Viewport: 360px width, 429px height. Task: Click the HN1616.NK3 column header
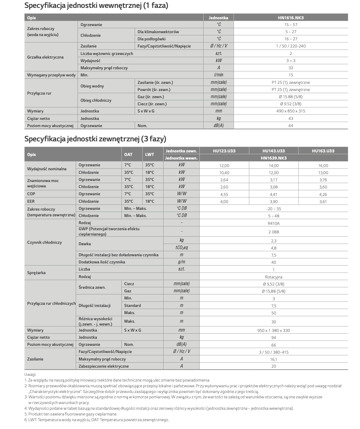click(x=291, y=17)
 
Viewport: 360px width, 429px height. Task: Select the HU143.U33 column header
click(x=274, y=151)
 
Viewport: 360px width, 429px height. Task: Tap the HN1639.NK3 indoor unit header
click(x=274, y=158)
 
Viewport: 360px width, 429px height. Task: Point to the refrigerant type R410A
click(x=274, y=223)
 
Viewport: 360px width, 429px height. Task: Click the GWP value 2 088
click(x=274, y=232)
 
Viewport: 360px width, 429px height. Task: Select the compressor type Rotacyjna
click(x=274, y=277)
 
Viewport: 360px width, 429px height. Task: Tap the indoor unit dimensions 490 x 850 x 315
click(x=291, y=111)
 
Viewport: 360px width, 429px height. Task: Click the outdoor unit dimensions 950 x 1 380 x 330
click(x=274, y=330)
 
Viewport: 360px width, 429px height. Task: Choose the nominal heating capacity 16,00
click(x=323, y=166)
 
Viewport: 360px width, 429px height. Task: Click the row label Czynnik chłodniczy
click(x=44, y=242)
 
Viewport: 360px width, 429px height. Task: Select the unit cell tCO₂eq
click(x=181, y=248)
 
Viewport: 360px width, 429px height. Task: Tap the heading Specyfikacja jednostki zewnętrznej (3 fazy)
click(x=95, y=138)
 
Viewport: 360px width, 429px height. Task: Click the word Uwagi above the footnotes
click(x=30, y=374)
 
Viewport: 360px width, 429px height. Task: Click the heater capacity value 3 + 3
click(x=291, y=61)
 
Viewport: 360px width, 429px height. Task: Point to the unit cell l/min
click(x=219, y=75)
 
